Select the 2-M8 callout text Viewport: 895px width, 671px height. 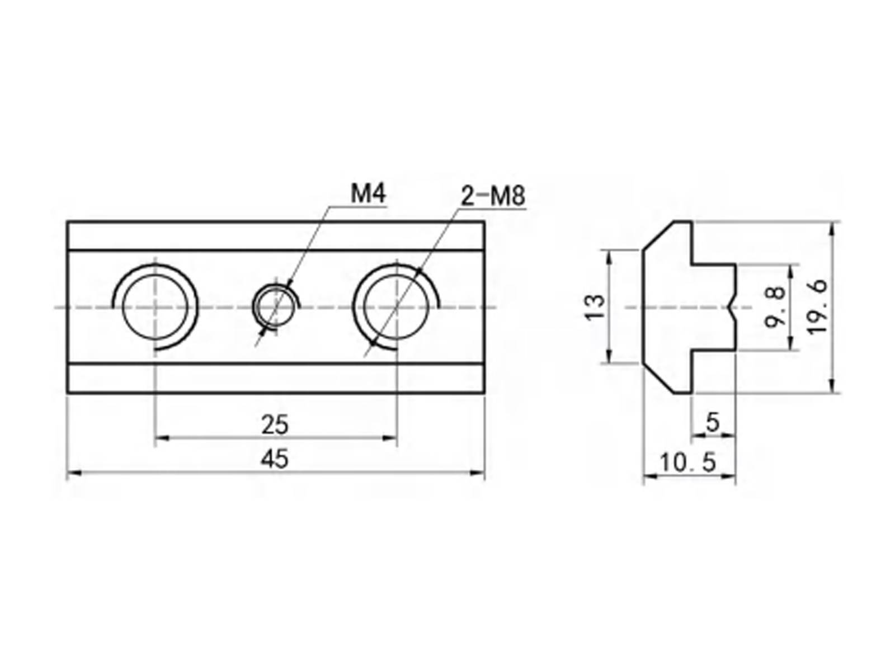pos(493,196)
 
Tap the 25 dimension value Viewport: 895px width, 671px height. pos(275,424)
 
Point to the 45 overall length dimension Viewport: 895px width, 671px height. pos(275,459)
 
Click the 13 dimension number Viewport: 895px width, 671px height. pos(595,307)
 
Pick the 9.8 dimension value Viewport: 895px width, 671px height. pos(774,307)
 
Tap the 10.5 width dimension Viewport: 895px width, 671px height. pos(687,463)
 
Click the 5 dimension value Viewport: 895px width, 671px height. pos(712,422)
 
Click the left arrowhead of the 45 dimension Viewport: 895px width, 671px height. pos(73,473)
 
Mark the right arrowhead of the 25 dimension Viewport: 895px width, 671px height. pos(390,438)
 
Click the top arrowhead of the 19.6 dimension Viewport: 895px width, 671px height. pos(832,229)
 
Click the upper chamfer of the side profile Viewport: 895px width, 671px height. pos(658,236)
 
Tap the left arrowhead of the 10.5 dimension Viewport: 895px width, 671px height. pos(651,476)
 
